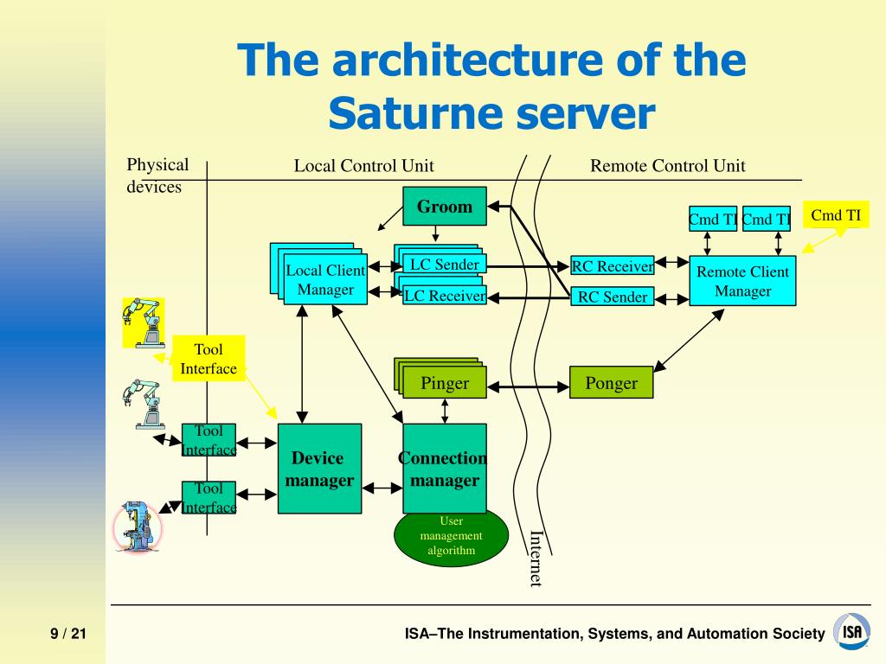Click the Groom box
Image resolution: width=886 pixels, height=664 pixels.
(444, 206)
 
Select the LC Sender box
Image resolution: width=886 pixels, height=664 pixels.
(444, 265)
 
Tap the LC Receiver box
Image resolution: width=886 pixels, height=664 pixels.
(445, 296)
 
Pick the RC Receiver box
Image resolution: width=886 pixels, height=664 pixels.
(612, 266)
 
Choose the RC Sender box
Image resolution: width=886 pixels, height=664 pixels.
(612, 297)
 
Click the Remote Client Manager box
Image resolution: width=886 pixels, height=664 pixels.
(742, 281)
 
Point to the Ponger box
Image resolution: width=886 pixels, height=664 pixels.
(612, 383)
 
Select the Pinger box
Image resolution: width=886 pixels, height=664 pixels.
(445, 383)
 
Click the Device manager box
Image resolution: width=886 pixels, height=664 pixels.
(319, 469)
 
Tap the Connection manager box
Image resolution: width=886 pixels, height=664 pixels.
(445, 469)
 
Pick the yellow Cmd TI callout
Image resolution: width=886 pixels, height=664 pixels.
(836, 215)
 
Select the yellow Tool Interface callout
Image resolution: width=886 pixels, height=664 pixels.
(209, 358)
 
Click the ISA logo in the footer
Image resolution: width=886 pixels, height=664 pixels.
(852, 631)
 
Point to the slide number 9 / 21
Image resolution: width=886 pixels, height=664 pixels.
(68, 634)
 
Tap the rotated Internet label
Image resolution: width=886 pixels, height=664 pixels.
(536, 559)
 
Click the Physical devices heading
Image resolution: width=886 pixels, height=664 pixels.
(157, 176)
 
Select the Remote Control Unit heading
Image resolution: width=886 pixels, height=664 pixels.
(667, 165)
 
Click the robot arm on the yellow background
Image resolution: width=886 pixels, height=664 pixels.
(144, 322)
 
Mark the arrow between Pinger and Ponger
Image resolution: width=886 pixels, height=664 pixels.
(528, 386)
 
